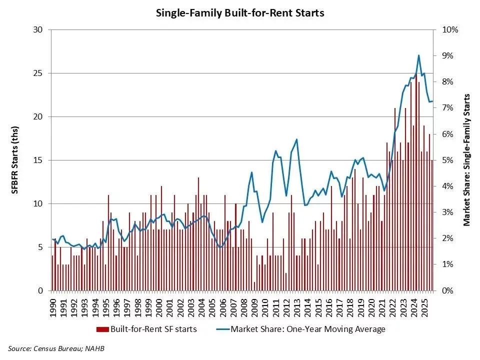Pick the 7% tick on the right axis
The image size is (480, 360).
[x=448, y=108]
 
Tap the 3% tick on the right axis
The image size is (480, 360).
[x=448, y=212]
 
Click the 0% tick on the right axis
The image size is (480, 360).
[x=448, y=290]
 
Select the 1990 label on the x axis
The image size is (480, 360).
[x=53, y=304]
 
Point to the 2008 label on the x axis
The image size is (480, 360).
[x=244, y=304]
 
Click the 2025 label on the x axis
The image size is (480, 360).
[x=424, y=304]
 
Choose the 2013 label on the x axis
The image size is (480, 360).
[x=297, y=304]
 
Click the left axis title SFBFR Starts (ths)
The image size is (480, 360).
[x=15, y=160]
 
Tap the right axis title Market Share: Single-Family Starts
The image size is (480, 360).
[x=467, y=160]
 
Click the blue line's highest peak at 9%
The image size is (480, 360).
[x=418, y=55]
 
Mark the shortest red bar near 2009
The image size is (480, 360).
[x=254, y=286]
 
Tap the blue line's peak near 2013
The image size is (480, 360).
[x=297, y=139]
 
